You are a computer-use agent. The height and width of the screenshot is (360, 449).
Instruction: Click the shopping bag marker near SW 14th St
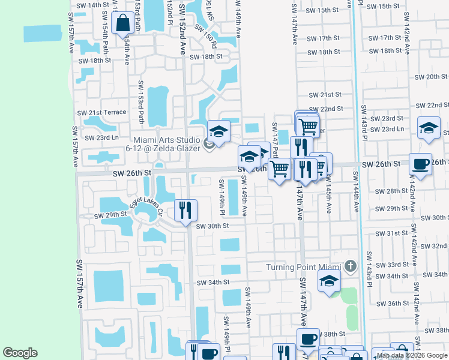(123, 24)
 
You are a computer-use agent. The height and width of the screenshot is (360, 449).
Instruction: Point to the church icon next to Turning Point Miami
(351, 266)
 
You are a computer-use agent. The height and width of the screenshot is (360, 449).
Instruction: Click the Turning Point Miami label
(304, 266)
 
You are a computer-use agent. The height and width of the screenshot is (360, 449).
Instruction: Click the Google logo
(20, 353)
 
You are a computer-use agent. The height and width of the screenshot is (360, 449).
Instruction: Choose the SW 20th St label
(432, 77)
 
